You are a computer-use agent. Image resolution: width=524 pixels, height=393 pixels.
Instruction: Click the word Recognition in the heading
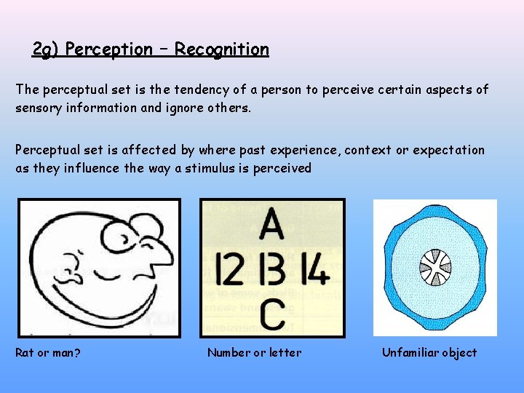tap(221, 49)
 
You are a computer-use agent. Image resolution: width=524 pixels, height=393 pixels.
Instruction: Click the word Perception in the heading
tap(108, 49)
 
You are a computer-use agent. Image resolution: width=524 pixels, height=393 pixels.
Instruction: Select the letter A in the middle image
tap(271, 224)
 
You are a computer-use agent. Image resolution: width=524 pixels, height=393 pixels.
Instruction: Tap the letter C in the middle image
tap(271, 316)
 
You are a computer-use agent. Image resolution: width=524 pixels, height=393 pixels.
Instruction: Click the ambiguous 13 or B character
tap(272, 269)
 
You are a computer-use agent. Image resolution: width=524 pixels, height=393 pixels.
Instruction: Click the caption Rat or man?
tap(48, 353)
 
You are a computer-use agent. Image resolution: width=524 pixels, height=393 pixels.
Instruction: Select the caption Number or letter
tap(254, 353)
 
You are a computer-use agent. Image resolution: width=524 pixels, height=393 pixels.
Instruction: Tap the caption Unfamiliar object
tap(429, 353)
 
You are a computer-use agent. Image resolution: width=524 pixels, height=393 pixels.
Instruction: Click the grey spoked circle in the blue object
tap(436, 266)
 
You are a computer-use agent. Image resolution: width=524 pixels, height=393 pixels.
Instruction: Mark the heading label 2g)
tap(46, 49)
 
